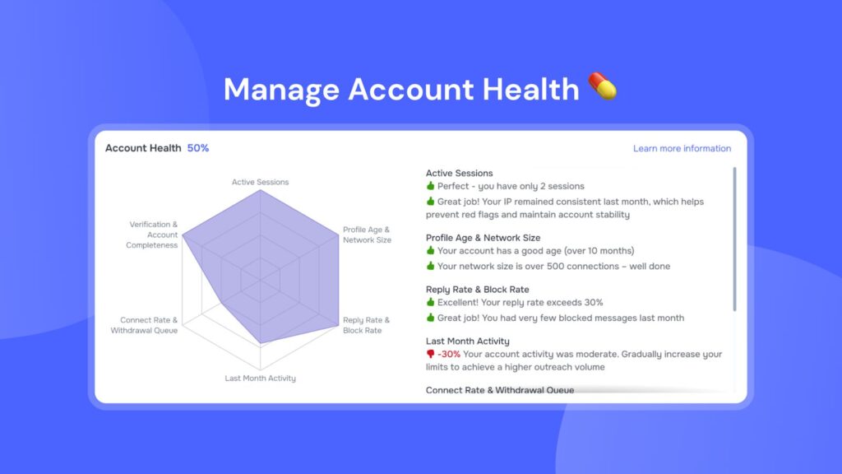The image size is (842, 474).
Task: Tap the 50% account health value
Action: coord(198,148)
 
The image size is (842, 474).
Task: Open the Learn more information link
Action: coord(682,148)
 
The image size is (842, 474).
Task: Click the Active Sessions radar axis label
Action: coord(260,182)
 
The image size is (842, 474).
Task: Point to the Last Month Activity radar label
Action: coord(260,379)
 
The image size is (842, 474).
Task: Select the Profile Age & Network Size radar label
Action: coord(367,235)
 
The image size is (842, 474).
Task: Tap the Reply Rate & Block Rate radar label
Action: coord(366,325)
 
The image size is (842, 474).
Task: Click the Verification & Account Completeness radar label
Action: coord(153,235)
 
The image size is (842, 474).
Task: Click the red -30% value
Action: coord(449,354)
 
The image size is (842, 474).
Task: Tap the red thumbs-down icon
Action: coord(430,354)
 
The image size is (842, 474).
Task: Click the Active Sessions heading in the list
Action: coord(459,173)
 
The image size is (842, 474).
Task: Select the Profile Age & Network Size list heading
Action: coord(483,238)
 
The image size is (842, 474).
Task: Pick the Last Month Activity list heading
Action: coord(467,341)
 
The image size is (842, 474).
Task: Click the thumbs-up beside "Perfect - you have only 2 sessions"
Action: coord(430,186)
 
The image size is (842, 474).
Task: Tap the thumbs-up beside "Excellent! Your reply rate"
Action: coord(430,302)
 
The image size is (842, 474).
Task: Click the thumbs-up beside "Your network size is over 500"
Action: coord(430,266)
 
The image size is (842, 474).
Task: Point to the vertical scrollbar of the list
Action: coord(734,239)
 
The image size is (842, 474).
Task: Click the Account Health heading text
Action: coord(143,148)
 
